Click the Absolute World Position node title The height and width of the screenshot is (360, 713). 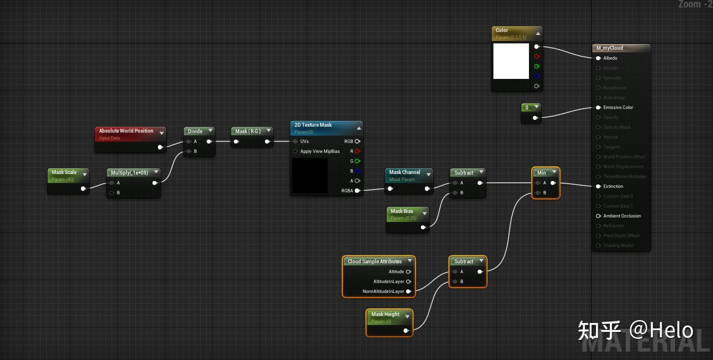[126, 131]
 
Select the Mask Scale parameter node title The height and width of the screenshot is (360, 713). [64, 173]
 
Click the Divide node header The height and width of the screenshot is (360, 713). [195, 131]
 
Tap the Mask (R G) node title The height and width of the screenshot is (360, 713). [248, 131]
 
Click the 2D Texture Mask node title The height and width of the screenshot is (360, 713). [313, 125]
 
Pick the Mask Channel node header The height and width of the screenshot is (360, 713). [405, 173]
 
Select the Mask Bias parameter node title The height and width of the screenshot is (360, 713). [402, 212]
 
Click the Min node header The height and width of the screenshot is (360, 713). [541, 173]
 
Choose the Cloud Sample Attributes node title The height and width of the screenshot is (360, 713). [375, 261]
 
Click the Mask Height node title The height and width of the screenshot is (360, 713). [385, 315]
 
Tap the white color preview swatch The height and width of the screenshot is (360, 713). [511, 61]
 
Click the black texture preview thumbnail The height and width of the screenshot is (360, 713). [310, 176]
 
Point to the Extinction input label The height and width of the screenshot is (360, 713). [613, 186]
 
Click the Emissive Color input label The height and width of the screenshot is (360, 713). [618, 108]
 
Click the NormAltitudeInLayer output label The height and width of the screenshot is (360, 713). [383, 291]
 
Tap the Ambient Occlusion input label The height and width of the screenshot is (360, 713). [622, 216]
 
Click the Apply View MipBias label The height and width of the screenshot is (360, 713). [320, 151]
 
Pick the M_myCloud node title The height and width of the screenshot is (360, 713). [609, 48]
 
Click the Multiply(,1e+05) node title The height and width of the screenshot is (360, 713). [129, 173]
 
